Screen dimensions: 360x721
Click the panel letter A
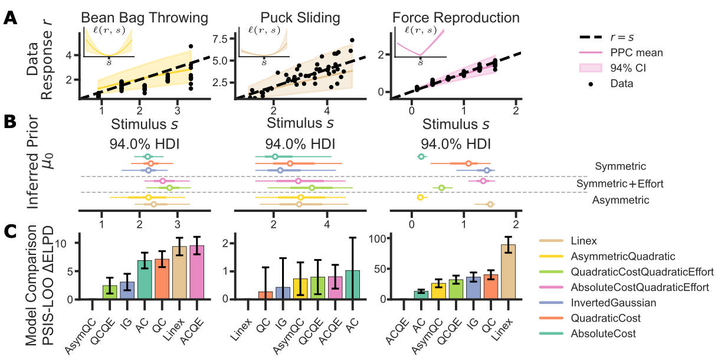[x=10, y=18]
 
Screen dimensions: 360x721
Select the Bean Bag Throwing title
[x=144, y=18]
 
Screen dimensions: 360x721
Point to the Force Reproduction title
[x=456, y=18]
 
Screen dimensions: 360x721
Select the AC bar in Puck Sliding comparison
[x=352, y=285]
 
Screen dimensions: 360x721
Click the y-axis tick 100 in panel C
[x=377, y=238]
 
